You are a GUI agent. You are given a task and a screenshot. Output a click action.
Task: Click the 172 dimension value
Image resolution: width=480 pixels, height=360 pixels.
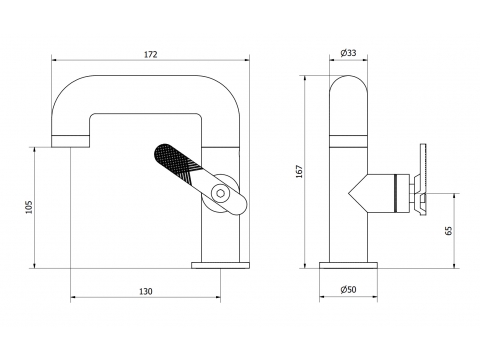pos(151,54)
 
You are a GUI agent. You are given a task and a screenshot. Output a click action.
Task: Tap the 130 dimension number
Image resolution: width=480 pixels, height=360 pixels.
pos(146,292)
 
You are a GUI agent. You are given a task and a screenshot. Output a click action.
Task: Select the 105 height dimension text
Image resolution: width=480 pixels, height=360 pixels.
pos(30,207)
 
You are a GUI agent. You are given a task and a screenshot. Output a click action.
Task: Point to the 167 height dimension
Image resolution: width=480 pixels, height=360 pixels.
pos(299,171)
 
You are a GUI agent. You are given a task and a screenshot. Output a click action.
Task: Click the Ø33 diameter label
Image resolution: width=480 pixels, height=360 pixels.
pos(348,53)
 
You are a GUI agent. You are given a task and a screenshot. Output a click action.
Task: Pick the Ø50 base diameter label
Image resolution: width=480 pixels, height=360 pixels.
pos(348,290)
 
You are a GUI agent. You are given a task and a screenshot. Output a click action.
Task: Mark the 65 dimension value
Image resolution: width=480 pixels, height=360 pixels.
pos(449,231)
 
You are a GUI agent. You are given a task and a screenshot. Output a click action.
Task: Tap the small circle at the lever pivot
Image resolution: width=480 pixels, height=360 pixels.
pos(220,193)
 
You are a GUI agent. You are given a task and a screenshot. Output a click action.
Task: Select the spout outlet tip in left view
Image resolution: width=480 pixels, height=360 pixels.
pos(70,141)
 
